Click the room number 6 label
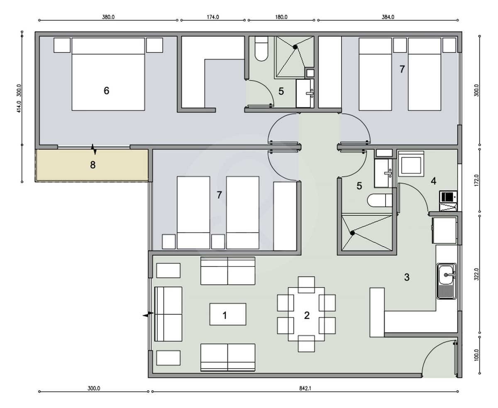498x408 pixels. coord(107,90)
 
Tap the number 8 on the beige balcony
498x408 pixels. coord(93,165)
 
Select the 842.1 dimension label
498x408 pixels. coord(305,388)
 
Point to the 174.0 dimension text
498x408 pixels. coord(213,17)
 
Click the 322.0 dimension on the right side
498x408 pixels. coord(476,274)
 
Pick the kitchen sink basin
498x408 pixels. coord(446,274)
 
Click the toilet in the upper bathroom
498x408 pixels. coord(261,49)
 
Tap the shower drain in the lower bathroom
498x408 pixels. coord(353,233)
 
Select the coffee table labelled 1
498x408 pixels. coord(228,314)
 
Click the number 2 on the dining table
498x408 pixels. coord(307,315)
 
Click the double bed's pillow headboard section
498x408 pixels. coord(108,46)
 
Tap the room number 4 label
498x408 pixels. coord(433,181)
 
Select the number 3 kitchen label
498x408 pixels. coord(407,277)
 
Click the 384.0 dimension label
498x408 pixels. coord(388,17)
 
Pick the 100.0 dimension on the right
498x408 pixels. coord(476,355)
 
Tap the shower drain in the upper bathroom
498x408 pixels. coord(295,47)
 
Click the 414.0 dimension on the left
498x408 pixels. coord(19,106)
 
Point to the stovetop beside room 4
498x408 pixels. coord(448,201)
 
